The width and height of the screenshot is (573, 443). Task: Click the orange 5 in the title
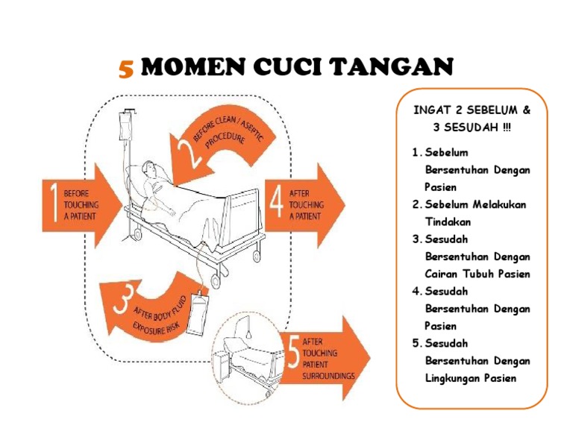click(x=126, y=69)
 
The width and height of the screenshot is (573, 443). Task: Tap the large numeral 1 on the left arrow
click(x=54, y=202)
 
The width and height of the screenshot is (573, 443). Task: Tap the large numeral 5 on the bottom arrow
click(x=293, y=352)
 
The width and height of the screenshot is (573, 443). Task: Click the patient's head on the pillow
click(x=150, y=169)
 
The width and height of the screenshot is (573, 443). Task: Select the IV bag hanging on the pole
click(x=125, y=126)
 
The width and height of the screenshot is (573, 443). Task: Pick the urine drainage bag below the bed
click(x=197, y=313)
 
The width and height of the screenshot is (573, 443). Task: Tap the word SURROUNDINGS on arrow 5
click(x=328, y=375)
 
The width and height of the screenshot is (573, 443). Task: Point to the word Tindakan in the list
click(x=448, y=221)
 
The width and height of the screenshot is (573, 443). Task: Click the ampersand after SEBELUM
click(x=526, y=110)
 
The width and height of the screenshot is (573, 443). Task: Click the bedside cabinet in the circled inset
click(x=221, y=365)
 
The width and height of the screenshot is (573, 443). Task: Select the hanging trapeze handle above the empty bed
click(x=249, y=334)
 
